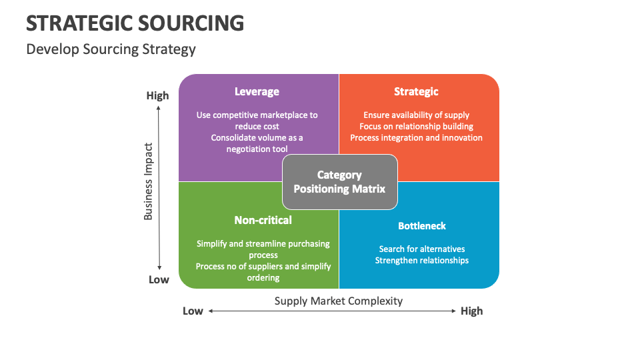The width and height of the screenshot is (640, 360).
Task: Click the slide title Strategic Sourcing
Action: click(135, 23)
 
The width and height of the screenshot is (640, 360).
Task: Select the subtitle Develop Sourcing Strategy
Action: click(111, 49)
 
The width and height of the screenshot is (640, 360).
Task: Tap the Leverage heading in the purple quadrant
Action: click(257, 91)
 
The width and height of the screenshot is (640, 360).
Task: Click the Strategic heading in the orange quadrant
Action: click(416, 91)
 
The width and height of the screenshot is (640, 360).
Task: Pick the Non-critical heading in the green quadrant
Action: click(263, 220)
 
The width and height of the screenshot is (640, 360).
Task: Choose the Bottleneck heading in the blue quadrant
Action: click(422, 226)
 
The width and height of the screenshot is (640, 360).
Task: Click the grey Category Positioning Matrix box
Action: click(339, 181)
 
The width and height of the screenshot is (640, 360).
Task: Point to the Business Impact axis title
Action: click(149, 181)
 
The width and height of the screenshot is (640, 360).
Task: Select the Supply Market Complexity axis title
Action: click(339, 301)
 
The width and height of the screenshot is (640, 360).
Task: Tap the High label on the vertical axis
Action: click(158, 95)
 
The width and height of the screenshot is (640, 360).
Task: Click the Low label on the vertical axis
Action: click(159, 279)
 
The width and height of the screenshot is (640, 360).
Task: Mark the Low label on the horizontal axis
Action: click(193, 311)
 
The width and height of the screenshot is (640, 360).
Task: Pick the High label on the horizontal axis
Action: click(471, 311)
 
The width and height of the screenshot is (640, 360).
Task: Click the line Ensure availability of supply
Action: click(416, 115)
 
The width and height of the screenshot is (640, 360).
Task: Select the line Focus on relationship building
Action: click(416, 126)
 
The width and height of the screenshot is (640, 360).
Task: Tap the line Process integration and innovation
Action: click(416, 137)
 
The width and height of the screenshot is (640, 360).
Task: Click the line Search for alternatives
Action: click(422, 249)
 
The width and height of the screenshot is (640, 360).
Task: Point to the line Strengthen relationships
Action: click(422, 260)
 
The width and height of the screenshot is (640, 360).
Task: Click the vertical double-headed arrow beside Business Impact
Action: click(159, 187)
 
